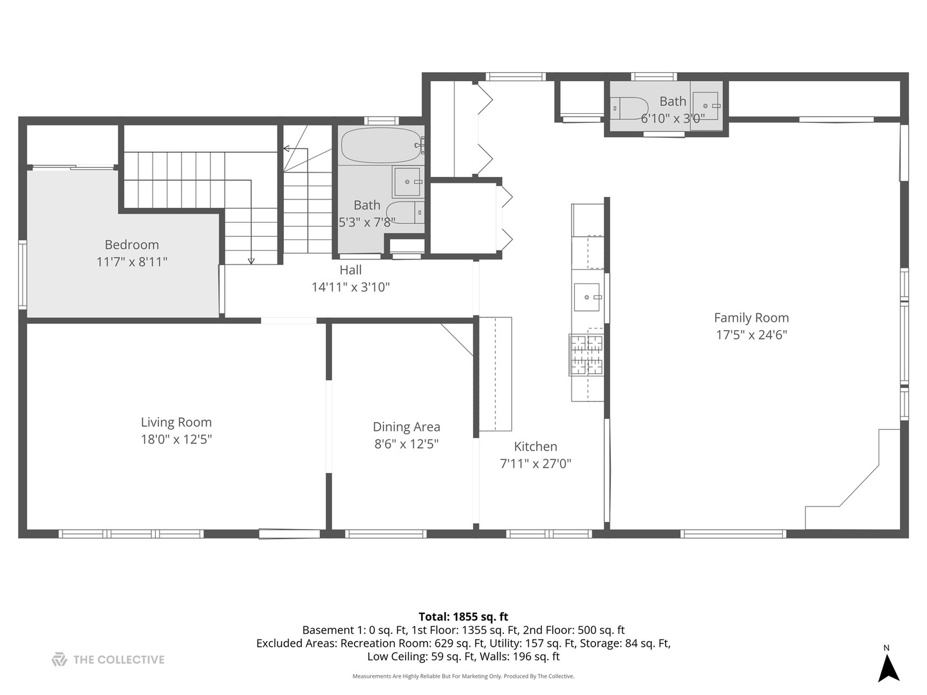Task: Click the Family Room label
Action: [x=751, y=318]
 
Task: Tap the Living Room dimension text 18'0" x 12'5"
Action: [x=176, y=440]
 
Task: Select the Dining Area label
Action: [x=406, y=427]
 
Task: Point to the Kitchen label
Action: [x=535, y=447]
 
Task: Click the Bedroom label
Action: [x=131, y=245]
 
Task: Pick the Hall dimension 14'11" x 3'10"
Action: [x=350, y=287]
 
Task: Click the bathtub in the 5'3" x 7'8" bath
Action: [x=380, y=146]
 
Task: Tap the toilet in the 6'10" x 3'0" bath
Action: [x=630, y=108]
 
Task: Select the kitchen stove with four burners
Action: [x=586, y=355]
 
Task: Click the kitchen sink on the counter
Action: [x=587, y=297]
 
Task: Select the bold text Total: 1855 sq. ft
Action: [x=463, y=616]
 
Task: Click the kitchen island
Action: [x=495, y=374]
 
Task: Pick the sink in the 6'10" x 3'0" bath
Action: [x=706, y=106]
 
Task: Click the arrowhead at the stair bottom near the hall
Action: [x=251, y=261]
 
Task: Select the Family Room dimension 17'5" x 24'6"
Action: [x=751, y=335]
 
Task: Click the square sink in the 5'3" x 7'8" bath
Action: [x=407, y=182]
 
